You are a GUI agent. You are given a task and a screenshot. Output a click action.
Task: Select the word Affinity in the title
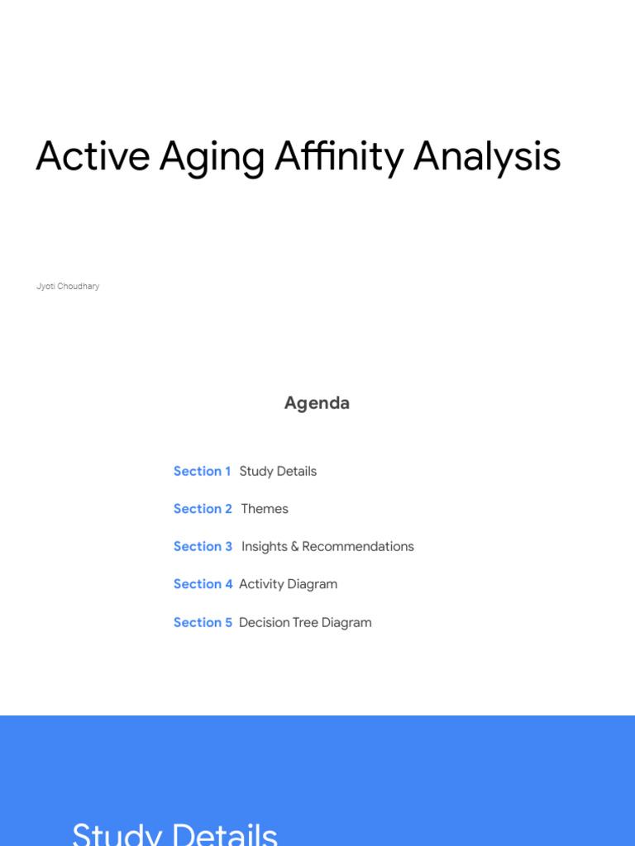coord(339,156)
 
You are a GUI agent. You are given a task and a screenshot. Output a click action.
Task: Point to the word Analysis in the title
coord(487,158)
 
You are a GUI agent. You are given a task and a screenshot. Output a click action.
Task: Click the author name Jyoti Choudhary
coord(68,287)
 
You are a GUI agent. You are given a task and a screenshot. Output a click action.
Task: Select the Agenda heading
coord(317,403)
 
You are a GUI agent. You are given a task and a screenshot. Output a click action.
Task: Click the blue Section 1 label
coord(202,471)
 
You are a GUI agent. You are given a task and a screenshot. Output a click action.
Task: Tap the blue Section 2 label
coord(203,509)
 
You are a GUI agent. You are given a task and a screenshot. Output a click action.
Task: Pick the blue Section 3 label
coord(203,546)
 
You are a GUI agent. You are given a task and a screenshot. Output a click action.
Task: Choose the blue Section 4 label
coord(203,584)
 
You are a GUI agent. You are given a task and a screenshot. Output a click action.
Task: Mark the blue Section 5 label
coord(203,622)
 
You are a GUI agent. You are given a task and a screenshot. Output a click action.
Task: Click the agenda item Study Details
coord(278,471)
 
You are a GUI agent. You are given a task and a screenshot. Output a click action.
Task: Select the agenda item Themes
coord(265,509)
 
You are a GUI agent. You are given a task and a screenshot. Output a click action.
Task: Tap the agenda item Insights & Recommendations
coord(327,546)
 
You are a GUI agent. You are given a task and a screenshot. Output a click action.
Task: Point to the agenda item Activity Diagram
coord(288,584)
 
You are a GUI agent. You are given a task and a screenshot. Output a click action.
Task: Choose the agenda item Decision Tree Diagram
coord(305,622)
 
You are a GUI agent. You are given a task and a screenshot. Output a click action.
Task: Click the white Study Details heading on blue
coord(174,833)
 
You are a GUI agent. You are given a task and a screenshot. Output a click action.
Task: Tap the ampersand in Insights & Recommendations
coord(294,547)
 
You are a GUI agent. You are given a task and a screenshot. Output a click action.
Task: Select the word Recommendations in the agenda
coord(358,546)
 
